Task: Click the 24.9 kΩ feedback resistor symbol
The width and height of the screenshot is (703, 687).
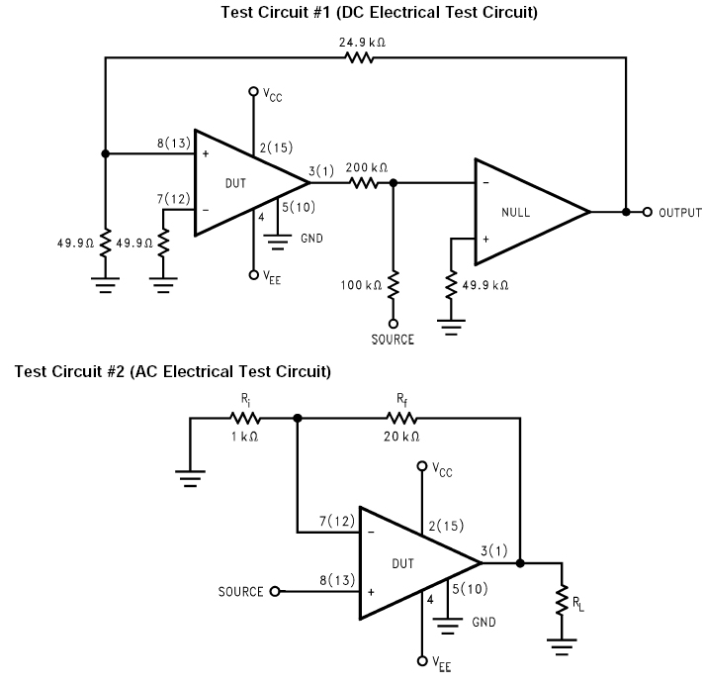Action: (x=359, y=57)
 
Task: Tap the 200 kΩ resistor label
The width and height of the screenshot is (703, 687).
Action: (x=366, y=168)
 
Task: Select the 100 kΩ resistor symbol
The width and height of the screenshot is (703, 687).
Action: (x=394, y=284)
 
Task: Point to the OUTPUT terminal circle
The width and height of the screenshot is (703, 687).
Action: (x=647, y=212)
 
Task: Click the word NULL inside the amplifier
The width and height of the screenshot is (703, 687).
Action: (x=515, y=212)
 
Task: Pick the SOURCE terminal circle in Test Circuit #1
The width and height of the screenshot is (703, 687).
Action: (x=394, y=324)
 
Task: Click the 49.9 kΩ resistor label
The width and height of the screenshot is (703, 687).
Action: (x=485, y=285)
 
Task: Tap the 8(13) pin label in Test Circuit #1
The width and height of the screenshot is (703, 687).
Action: (x=173, y=144)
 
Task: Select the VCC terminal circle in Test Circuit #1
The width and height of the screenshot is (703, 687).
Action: (x=253, y=91)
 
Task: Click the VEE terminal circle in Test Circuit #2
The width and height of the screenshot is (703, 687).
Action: (x=422, y=660)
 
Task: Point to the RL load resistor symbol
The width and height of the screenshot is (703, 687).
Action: (x=562, y=600)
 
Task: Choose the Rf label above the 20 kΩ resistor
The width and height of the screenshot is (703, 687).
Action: (x=401, y=399)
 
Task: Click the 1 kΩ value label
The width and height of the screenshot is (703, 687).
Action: (x=244, y=437)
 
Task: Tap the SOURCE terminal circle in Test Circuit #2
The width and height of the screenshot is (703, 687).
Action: (x=275, y=591)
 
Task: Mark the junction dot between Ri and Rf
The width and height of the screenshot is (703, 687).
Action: (x=298, y=418)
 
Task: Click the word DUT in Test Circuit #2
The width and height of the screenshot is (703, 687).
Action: (x=402, y=563)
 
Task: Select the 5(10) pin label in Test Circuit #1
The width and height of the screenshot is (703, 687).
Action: (x=299, y=207)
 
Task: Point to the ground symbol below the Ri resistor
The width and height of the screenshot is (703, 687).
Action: (x=190, y=478)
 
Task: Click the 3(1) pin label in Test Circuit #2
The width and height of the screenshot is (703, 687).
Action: (x=494, y=550)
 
